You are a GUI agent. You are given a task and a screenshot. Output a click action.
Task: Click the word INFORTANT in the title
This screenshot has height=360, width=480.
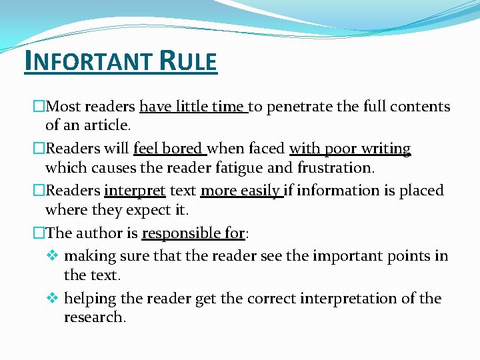[87, 62]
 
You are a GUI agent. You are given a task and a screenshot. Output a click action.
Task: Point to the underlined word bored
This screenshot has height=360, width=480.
[187, 149]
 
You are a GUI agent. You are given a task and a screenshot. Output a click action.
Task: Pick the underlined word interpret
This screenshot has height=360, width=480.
[135, 191]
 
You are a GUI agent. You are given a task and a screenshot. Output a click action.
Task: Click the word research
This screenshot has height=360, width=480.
[94, 317]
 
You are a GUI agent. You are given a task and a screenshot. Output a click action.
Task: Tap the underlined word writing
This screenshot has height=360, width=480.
[386, 149]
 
